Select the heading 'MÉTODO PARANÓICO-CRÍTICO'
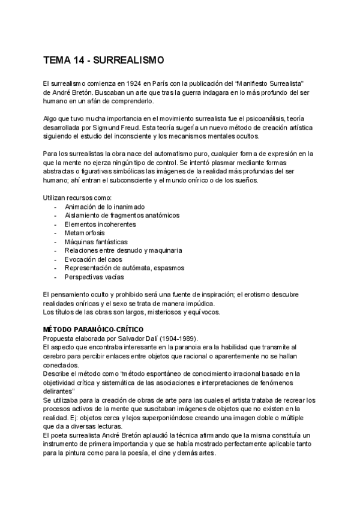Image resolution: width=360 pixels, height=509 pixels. point(90,330)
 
